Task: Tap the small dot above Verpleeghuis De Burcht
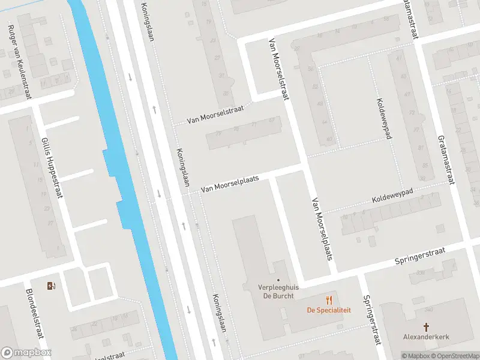coord(278,280)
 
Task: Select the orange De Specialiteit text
coord(329,310)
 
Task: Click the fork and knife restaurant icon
coord(329,299)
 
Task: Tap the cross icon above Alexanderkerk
coord(426,327)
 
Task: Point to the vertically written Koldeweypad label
coord(384,118)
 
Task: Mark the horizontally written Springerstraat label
coord(420,256)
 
